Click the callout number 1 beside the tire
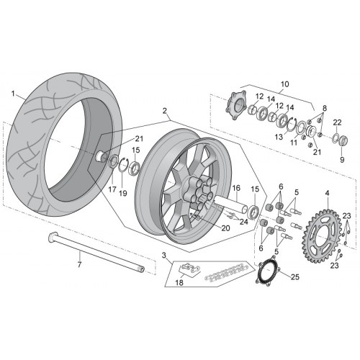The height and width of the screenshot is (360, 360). (13, 94)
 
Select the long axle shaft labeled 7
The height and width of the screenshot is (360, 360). (96, 253)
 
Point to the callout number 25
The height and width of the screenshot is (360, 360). (295, 277)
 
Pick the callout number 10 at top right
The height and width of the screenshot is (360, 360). (285, 84)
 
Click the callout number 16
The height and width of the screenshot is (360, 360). (236, 188)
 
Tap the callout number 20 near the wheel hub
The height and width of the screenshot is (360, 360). (225, 228)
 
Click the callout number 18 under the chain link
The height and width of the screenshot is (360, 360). (179, 282)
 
